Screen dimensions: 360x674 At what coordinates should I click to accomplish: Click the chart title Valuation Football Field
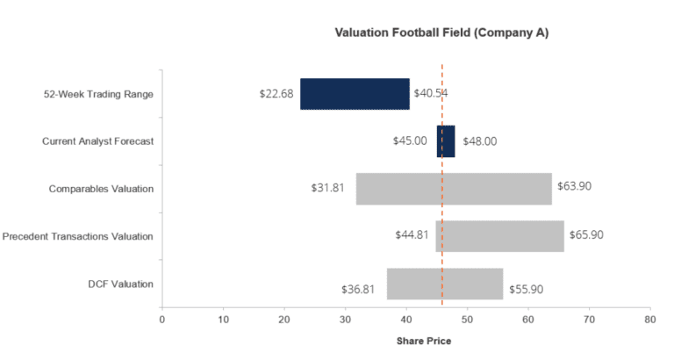[x=441, y=32]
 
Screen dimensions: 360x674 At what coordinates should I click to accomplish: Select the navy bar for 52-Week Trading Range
[x=355, y=94]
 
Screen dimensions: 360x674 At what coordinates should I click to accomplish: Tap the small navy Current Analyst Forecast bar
[x=446, y=140]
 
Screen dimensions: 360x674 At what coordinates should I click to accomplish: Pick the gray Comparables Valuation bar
[x=454, y=189]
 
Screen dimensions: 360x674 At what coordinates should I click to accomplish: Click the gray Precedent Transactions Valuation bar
[x=499, y=235]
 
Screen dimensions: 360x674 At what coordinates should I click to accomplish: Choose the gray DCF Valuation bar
[x=445, y=284]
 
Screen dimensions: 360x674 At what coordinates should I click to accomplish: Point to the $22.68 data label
[x=277, y=94]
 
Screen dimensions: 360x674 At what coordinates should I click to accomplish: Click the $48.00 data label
[x=479, y=140]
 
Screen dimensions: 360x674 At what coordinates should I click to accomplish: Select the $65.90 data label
[x=587, y=234]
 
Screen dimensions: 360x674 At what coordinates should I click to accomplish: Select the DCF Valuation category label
[x=120, y=284]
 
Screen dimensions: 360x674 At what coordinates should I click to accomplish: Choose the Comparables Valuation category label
[x=101, y=189]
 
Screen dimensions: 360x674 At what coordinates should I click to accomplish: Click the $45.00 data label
[x=410, y=140]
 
